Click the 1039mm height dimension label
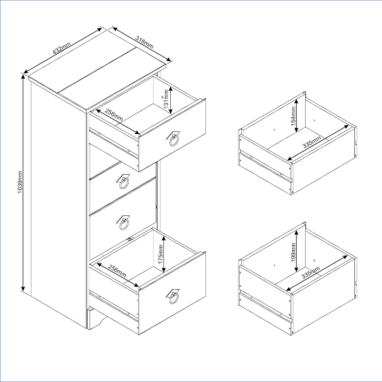20,182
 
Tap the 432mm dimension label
62,48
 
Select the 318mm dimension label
144,42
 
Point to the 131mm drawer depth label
166,99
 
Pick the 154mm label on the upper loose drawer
293,116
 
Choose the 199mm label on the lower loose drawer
293,252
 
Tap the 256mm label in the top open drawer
114,115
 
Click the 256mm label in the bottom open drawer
117,271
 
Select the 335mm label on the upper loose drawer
312,142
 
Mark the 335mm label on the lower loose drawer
311,273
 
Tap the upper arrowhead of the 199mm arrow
296,233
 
